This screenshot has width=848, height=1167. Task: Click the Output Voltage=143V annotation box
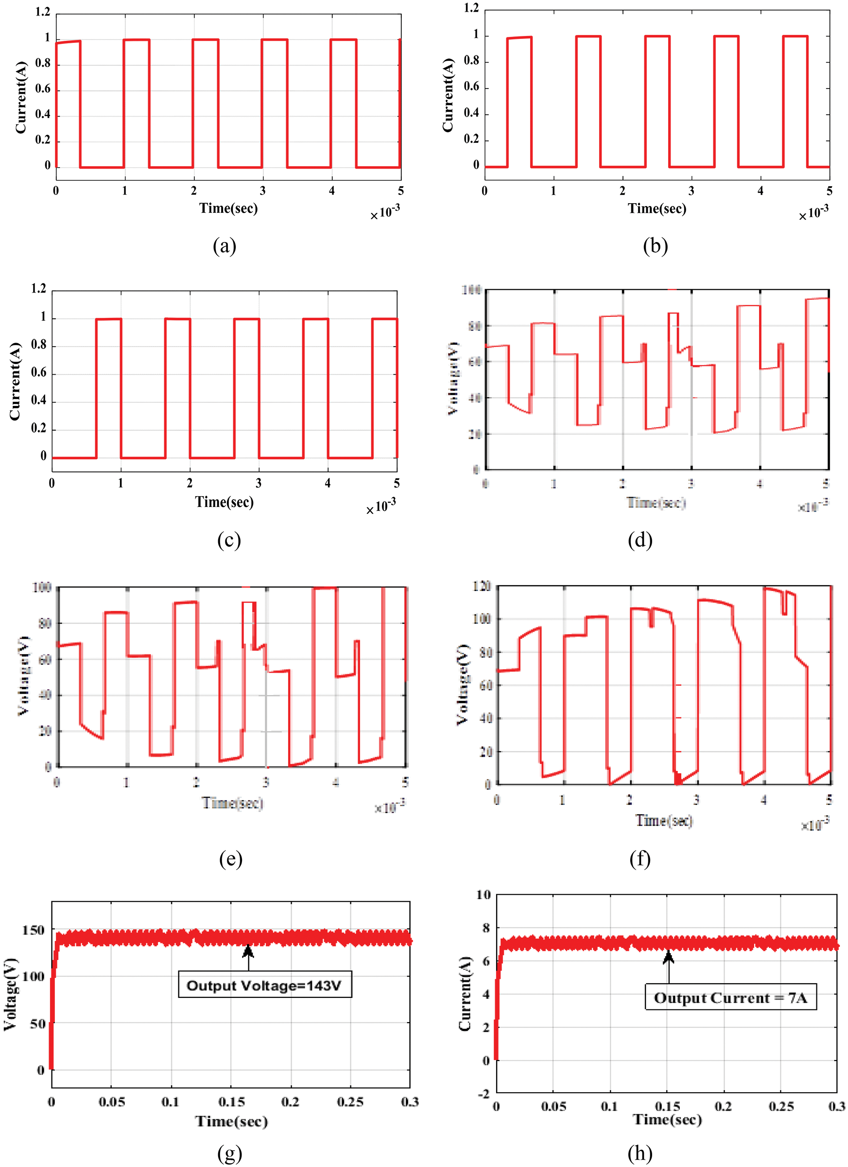coord(264,985)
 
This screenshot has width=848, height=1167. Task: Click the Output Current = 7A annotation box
coord(731,998)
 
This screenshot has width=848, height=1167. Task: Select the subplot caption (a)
coord(225,246)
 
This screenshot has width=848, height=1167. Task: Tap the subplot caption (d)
coord(640,540)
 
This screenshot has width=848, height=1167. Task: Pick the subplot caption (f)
coord(640,859)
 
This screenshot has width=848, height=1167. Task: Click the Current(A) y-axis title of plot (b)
coord(448,95)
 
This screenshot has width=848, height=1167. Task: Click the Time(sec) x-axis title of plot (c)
coord(225,502)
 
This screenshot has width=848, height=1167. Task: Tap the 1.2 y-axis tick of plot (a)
coord(43,12)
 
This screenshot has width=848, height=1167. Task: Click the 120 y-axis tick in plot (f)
coord(482,587)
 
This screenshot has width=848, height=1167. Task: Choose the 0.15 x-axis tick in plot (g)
coord(231,1102)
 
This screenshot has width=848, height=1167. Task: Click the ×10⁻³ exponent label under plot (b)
coord(813,212)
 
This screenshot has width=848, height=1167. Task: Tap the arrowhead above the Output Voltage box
coord(248,950)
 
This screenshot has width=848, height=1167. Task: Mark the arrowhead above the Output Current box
coord(668,956)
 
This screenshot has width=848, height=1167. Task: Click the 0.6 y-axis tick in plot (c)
coord(38,372)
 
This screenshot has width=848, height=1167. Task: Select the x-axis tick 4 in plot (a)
coord(332,191)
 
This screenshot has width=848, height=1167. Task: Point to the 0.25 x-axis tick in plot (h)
coord(781,1106)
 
